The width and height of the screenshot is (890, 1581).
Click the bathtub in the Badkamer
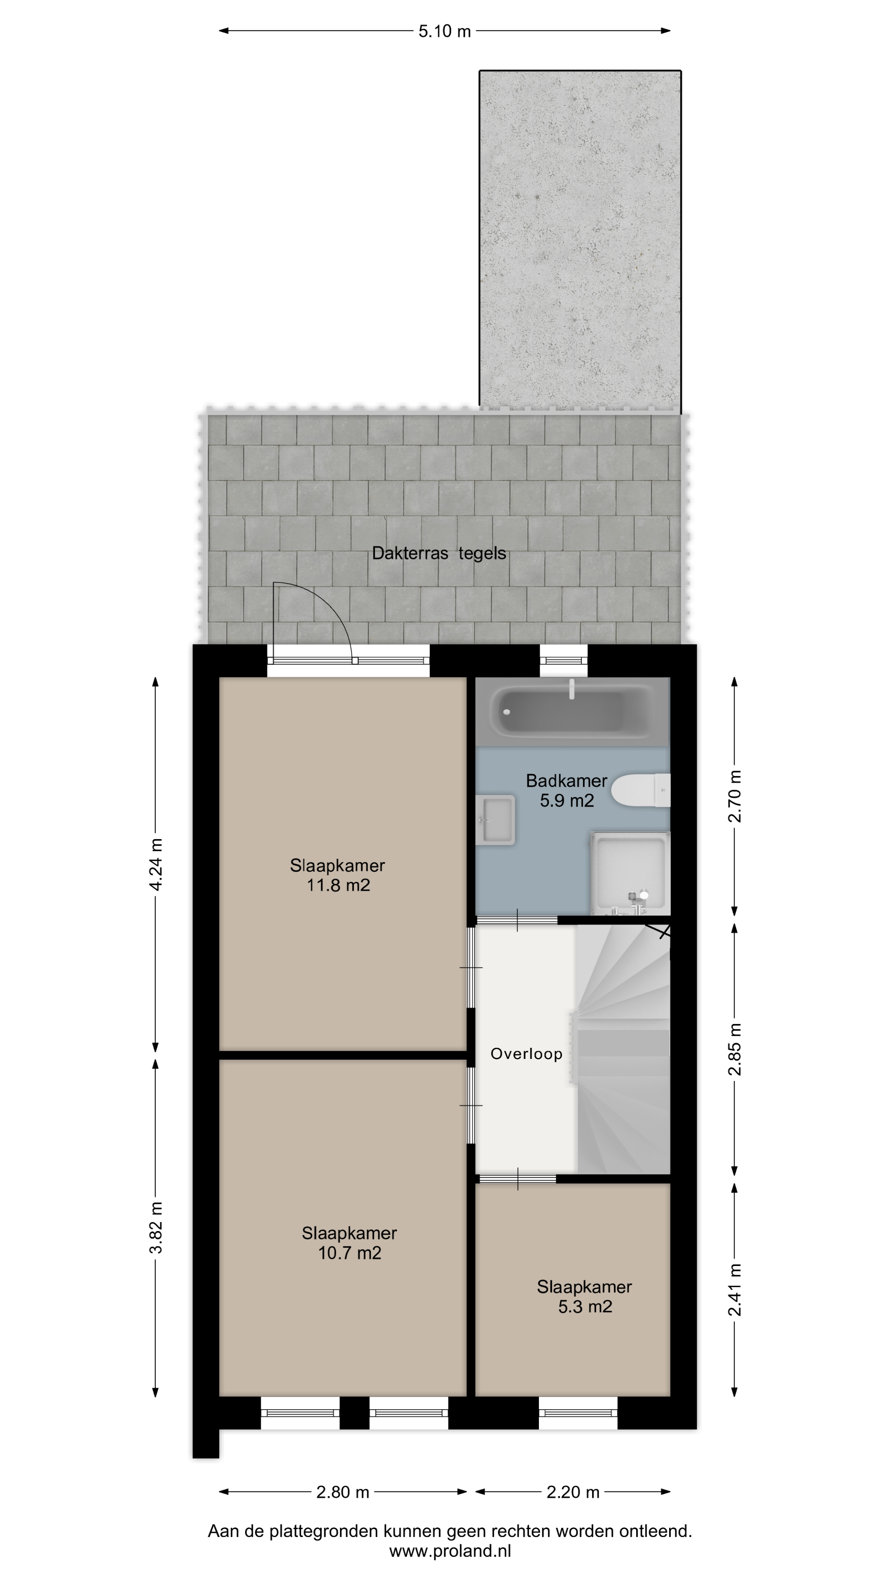click(572, 712)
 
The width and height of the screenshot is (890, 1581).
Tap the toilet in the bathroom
click(640, 790)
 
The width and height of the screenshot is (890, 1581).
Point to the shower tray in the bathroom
click(630, 873)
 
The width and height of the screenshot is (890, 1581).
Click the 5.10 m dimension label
click(445, 31)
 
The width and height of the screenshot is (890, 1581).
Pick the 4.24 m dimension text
click(156, 864)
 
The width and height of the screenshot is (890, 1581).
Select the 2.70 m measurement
click(735, 796)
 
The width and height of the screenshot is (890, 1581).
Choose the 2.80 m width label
click(343, 1492)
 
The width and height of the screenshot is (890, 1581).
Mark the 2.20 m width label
click(573, 1492)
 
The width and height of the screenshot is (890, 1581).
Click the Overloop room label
click(527, 1054)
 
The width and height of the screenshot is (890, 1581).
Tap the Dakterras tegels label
click(439, 553)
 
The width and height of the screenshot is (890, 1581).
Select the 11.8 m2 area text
click(338, 885)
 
